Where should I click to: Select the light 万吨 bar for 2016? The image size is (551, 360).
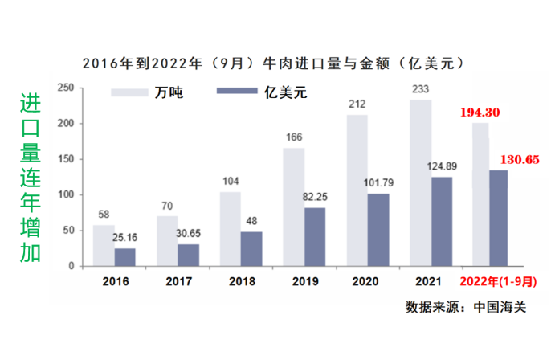tap(104, 245)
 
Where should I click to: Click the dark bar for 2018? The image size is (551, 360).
tap(252, 249)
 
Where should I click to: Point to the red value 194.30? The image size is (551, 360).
tap(480, 113)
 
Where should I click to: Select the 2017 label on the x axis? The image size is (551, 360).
tap(178, 281)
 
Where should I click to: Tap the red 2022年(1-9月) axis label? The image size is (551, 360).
tap(492, 282)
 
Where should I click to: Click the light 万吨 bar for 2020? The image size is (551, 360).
tap(357, 190)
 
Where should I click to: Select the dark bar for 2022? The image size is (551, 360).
tap(498, 218)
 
